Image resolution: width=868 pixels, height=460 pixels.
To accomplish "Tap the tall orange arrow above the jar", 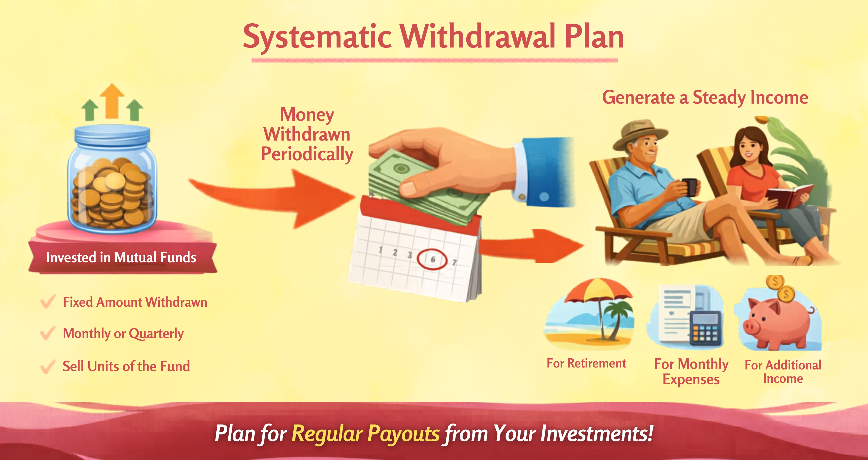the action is [x=112, y=101].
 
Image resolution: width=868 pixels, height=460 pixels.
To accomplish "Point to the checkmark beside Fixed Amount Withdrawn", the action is [x=48, y=302].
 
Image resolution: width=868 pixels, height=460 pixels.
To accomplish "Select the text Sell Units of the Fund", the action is [x=126, y=366].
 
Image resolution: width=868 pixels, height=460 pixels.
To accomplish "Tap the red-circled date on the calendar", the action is [x=432, y=259].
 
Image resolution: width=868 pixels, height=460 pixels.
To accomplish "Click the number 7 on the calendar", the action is [x=455, y=262].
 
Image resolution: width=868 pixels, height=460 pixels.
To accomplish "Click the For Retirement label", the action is [x=586, y=363].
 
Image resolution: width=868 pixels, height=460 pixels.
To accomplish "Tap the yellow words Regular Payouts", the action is [x=366, y=433].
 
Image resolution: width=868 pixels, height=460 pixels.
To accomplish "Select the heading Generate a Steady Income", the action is [x=705, y=97].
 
